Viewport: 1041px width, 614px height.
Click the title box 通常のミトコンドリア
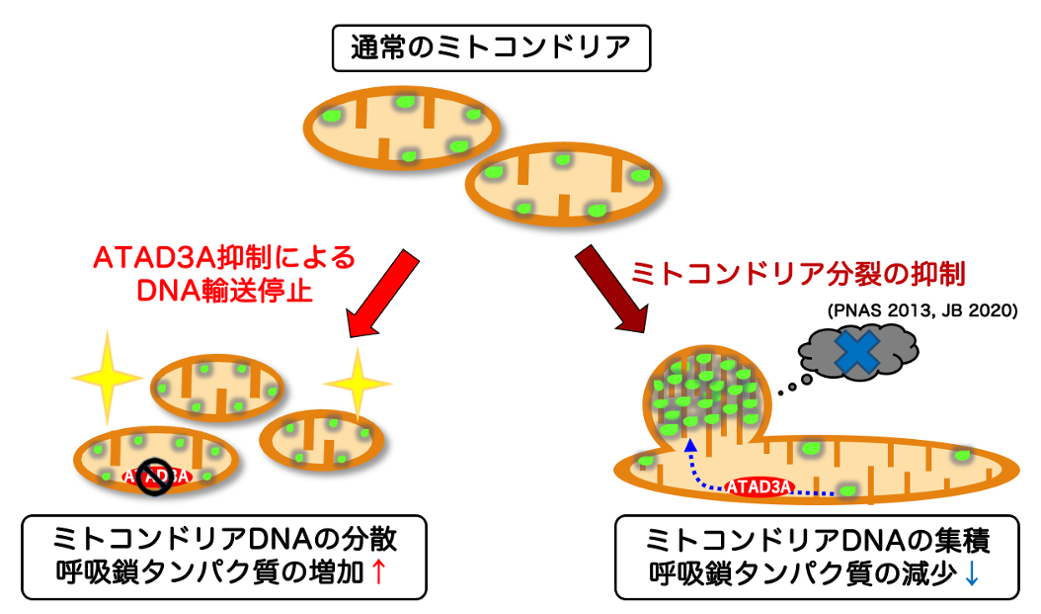coord(491,47)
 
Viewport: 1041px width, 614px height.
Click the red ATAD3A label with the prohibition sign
coord(157,477)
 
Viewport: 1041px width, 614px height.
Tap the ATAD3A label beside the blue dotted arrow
coord(760,485)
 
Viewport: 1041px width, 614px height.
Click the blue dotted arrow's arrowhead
coord(690,448)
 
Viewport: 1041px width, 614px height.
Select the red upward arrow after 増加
coord(376,570)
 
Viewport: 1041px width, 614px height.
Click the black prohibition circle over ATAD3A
coord(155,477)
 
